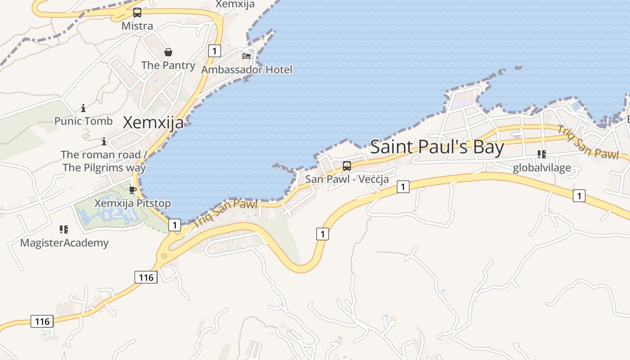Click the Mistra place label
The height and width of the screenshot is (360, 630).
[x=137, y=26]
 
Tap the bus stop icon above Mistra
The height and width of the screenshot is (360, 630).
[x=137, y=13]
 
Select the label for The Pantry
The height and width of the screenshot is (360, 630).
[x=168, y=65]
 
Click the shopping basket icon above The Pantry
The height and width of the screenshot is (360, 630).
[x=168, y=52]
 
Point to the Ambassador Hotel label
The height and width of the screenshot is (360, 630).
[x=247, y=70]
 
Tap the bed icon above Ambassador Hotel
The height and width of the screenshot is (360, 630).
[x=247, y=56]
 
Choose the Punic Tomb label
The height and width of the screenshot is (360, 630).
[x=84, y=121]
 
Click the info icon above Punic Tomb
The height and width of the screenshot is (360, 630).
[x=83, y=108]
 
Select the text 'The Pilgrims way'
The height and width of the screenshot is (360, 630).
[x=104, y=168]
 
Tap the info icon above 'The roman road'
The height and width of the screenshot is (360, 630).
[x=104, y=141]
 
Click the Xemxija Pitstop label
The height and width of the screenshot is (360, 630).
[x=133, y=203]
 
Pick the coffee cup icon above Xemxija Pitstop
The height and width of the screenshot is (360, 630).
[x=133, y=190]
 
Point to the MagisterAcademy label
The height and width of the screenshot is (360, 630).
[x=64, y=243]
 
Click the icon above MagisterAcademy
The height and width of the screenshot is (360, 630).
[x=64, y=229]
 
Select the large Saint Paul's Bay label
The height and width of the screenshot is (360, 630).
[x=437, y=147]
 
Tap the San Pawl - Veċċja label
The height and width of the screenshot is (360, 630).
[x=347, y=179]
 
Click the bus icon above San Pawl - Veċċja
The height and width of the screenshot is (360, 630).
[x=347, y=166]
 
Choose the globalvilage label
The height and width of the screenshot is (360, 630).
[x=542, y=168]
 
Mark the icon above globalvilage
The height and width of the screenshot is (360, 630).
[x=542, y=154]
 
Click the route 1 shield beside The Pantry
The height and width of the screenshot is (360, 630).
[x=215, y=51]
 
